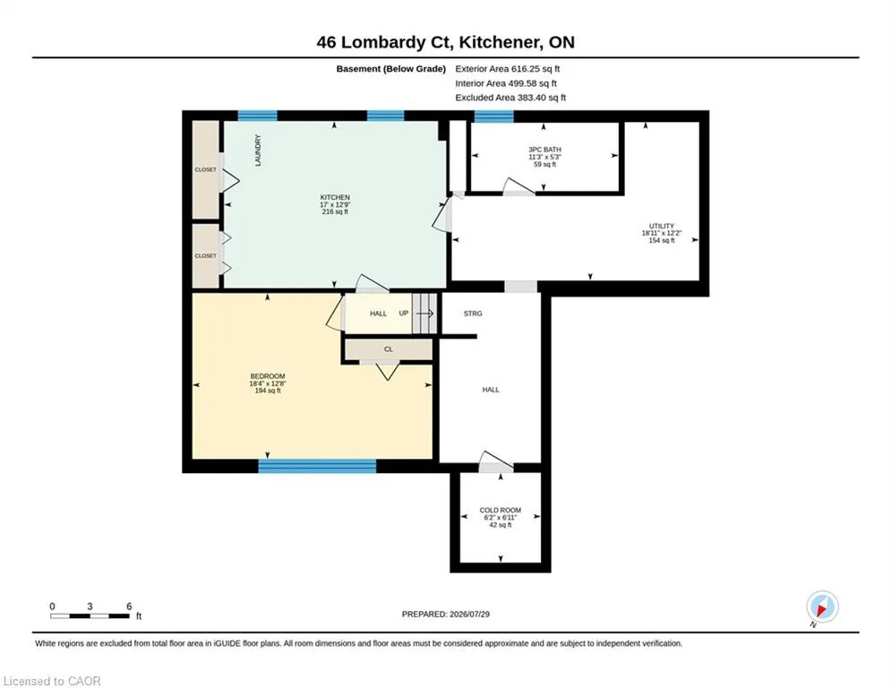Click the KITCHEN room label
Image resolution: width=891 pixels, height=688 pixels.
[x=335, y=197]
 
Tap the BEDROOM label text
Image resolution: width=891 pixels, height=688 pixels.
[x=268, y=376]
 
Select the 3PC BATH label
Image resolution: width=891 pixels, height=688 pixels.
[x=544, y=150]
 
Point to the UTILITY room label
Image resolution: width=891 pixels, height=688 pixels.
[x=662, y=226]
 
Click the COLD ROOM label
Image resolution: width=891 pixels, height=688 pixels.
[x=500, y=510]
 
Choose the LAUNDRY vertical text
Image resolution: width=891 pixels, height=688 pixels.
[x=258, y=150]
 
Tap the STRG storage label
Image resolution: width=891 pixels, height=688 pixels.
[x=473, y=314]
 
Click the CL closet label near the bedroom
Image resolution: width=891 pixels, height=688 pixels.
[x=388, y=349]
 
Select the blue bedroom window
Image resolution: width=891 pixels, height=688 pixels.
[x=317, y=466]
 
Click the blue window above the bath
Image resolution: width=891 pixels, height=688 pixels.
[x=493, y=116]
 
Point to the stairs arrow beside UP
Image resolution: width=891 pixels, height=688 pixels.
[x=425, y=314]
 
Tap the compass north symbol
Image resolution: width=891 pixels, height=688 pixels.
[x=822, y=607]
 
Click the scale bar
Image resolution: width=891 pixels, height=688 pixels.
[x=90, y=615]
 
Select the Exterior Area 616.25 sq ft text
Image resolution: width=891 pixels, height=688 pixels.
[x=508, y=69]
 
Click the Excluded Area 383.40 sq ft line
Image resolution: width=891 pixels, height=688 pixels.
[x=510, y=98]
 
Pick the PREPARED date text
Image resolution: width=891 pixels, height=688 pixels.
[x=446, y=614]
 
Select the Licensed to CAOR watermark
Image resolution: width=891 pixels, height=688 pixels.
[x=52, y=681]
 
